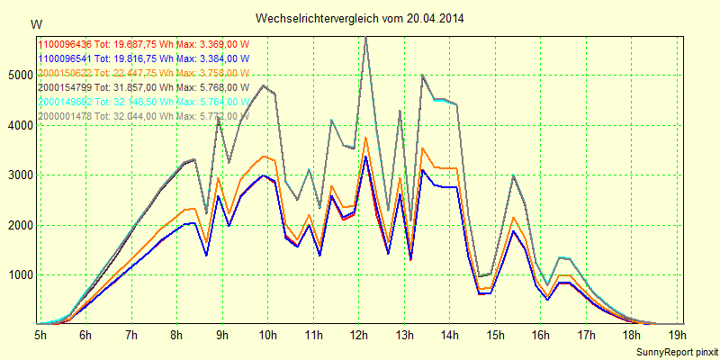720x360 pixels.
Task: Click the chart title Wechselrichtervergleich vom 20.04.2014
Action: point(360,18)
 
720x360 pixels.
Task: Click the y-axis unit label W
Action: point(35,23)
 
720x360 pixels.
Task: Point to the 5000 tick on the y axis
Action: point(20,75)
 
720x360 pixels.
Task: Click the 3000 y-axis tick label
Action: point(20,175)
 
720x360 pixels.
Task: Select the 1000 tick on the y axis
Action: point(20,274)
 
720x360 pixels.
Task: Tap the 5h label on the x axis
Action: point(40,335)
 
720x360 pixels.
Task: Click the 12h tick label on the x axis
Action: point(359,335)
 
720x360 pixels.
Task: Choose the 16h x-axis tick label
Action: point(542,335)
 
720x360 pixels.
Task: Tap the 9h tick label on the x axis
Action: point(222,335)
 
